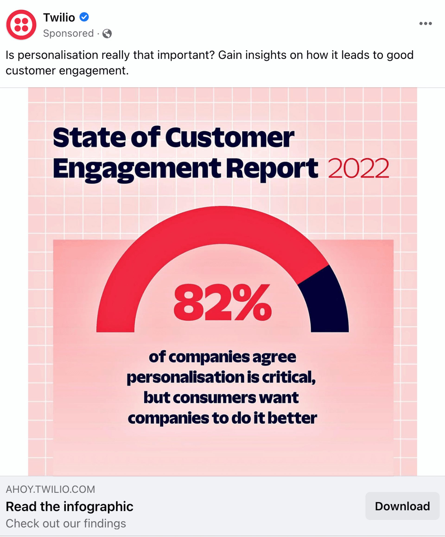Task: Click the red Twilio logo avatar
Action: coord(21,25)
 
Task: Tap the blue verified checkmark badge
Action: coord(84,17)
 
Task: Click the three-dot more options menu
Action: coord(425,23)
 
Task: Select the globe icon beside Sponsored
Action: coord(107,33)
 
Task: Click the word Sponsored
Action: coord(68,33)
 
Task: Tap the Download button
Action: coord(402,506)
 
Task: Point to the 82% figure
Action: coord(222,303)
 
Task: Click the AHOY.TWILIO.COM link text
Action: coord(50,489)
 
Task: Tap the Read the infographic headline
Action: coord(70,507)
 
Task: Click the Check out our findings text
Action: coord(66,524)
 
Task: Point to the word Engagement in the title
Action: coord(137,169)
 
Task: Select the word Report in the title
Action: coord(272,169)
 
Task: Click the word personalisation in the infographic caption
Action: coord(186,377)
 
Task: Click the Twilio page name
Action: coord(59,17)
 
